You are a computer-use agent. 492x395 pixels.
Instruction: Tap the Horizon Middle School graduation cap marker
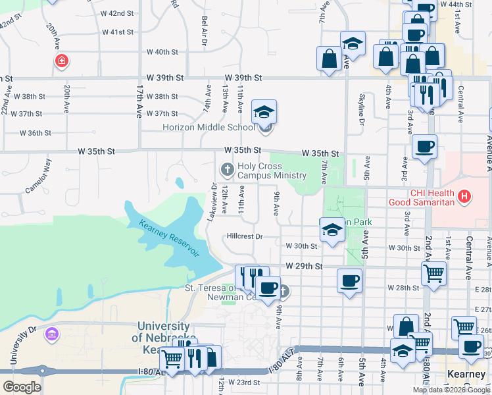click(264, 112)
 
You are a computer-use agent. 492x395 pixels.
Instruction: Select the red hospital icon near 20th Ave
click(62, 61)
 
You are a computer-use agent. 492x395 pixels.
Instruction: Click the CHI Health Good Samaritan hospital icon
click(465, 196)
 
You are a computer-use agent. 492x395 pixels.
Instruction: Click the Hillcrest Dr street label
click(245, 236)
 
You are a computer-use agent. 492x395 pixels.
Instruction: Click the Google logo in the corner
click(22, 386)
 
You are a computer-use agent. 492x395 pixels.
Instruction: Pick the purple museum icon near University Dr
click(51, 334)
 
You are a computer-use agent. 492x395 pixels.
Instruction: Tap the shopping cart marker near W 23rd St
click(172, 359)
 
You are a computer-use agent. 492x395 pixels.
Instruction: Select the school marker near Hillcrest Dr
click(332, 230)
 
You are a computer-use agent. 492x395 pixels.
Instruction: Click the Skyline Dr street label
click(361, 109)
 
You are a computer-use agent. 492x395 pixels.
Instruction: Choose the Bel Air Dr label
click(205, 32)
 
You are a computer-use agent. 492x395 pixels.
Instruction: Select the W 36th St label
click(36, 133)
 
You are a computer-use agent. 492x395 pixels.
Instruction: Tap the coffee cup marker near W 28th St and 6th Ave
click(349, 281)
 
